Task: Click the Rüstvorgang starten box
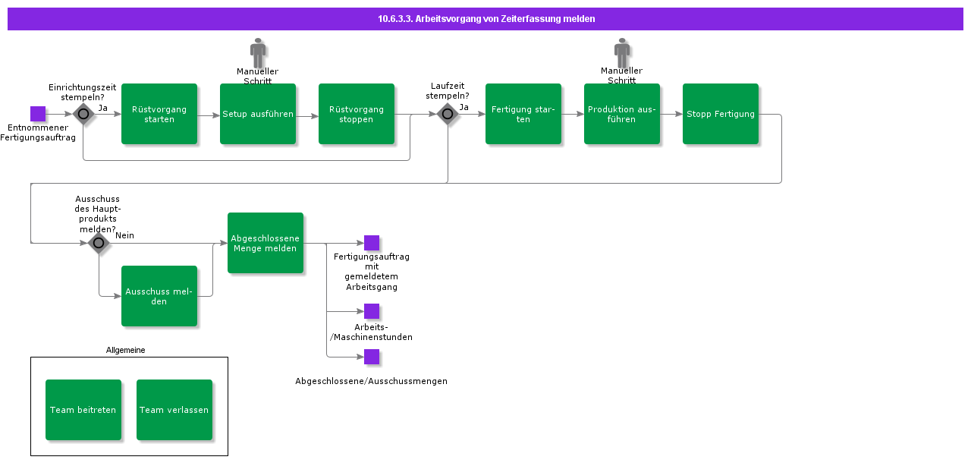pos(159,114)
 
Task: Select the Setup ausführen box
pos(258,114)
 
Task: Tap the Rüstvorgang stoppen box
pos(357,114)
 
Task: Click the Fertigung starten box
pos(523,114)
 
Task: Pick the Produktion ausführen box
pos(622,114)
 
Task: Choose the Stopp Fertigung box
pos(721,114)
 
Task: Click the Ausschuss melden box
pos(159,296)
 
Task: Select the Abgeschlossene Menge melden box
pos(266,243)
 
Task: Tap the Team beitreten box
pos(83,410)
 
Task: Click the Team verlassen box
pos(174,410)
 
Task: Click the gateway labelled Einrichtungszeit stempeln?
pos(83,115)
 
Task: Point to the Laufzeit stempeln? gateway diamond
pos(448,115)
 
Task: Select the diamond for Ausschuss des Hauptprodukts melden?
pos(99,243)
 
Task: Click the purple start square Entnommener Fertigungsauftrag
pos(38,114)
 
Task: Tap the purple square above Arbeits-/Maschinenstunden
pos(372,311)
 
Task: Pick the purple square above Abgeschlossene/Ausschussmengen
pos(372,357)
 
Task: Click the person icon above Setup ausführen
pos(258,52)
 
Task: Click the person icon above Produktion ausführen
pos(622,52)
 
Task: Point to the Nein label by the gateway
pos(124,235)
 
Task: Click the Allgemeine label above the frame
pos(125,350)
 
